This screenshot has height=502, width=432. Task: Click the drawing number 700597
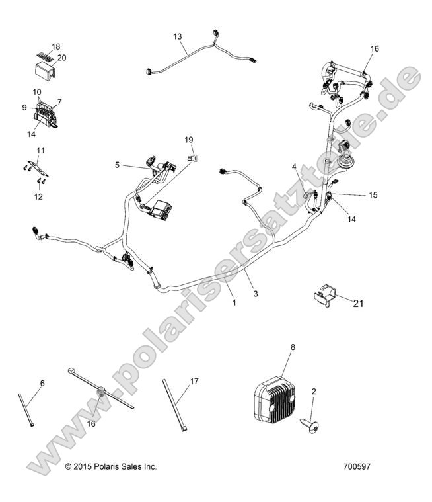[357, 466]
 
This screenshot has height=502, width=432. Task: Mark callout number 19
[188, 140]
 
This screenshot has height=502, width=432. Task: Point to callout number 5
[118, 165]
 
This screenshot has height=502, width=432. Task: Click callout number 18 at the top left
[55, 46]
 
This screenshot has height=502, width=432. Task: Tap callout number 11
[41, 151]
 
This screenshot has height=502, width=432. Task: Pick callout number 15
[373, 195]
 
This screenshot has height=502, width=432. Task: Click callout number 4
[295, 167]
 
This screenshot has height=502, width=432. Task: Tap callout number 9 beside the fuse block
[24, 107]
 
